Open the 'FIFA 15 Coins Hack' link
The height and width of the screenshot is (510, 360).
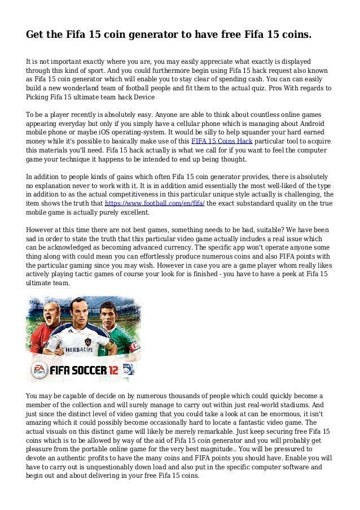[222, 141]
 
